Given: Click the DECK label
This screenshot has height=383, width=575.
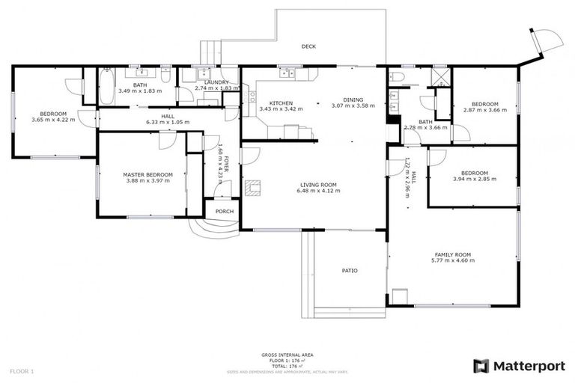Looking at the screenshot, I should click(308, 46).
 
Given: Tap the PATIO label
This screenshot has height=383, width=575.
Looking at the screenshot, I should click(350, 270).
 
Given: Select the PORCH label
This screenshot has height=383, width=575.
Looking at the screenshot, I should click(224, 211).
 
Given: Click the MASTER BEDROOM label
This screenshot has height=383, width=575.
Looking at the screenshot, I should click(147, 174).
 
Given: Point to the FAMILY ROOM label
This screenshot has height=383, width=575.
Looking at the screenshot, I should click(455, 254).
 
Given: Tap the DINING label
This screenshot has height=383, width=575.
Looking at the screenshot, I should click(353, 99).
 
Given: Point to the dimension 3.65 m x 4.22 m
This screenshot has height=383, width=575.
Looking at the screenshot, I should click(53, 120).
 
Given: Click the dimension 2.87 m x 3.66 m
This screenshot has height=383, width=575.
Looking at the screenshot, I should click(484, 110).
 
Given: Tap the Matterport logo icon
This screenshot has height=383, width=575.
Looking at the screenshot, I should click(481, 366).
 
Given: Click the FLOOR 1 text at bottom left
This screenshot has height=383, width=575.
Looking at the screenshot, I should click(22, 371).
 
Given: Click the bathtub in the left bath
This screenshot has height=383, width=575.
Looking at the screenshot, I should click(106, 88).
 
